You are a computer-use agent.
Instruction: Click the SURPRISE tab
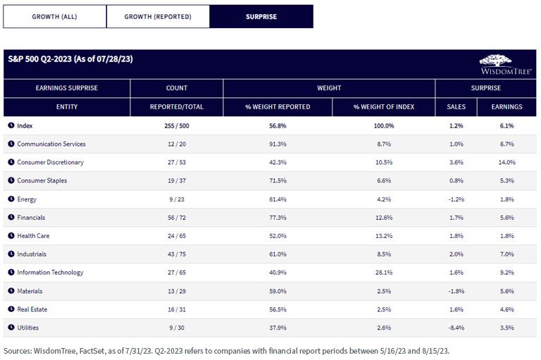tap(261, 16)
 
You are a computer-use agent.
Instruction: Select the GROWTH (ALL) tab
tap(54, 16)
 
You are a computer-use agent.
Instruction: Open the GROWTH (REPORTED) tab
tap(158, 16)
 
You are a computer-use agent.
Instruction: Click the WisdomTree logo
tap(506, 65)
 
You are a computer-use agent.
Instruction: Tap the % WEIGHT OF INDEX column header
tap(384, 107)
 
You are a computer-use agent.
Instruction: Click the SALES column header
tap(456, 107)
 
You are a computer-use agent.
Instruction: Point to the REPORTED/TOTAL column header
tap(177, 107)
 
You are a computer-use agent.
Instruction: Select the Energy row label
tap(27, 199)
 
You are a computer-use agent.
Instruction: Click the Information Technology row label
tap(51, 273)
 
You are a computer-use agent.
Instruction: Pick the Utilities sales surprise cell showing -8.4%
tap(456, 328)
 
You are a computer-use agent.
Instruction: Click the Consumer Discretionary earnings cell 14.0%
tap(507, 162)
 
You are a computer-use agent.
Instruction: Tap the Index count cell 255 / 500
tap(177, 125)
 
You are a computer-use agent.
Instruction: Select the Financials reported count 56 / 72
tap(177, 218)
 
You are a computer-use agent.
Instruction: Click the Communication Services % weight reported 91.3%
tap(278, 144)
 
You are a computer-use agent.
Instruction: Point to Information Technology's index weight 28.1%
tap(384, 273)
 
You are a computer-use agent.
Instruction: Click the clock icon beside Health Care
tap(11, 235)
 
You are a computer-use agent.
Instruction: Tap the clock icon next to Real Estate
tap(11, 309)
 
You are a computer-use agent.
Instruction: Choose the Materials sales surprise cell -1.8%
tap(456, 291)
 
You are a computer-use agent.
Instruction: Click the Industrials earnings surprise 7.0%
tap(507, 254)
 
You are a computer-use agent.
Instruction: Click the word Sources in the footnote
tap(17, 351)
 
